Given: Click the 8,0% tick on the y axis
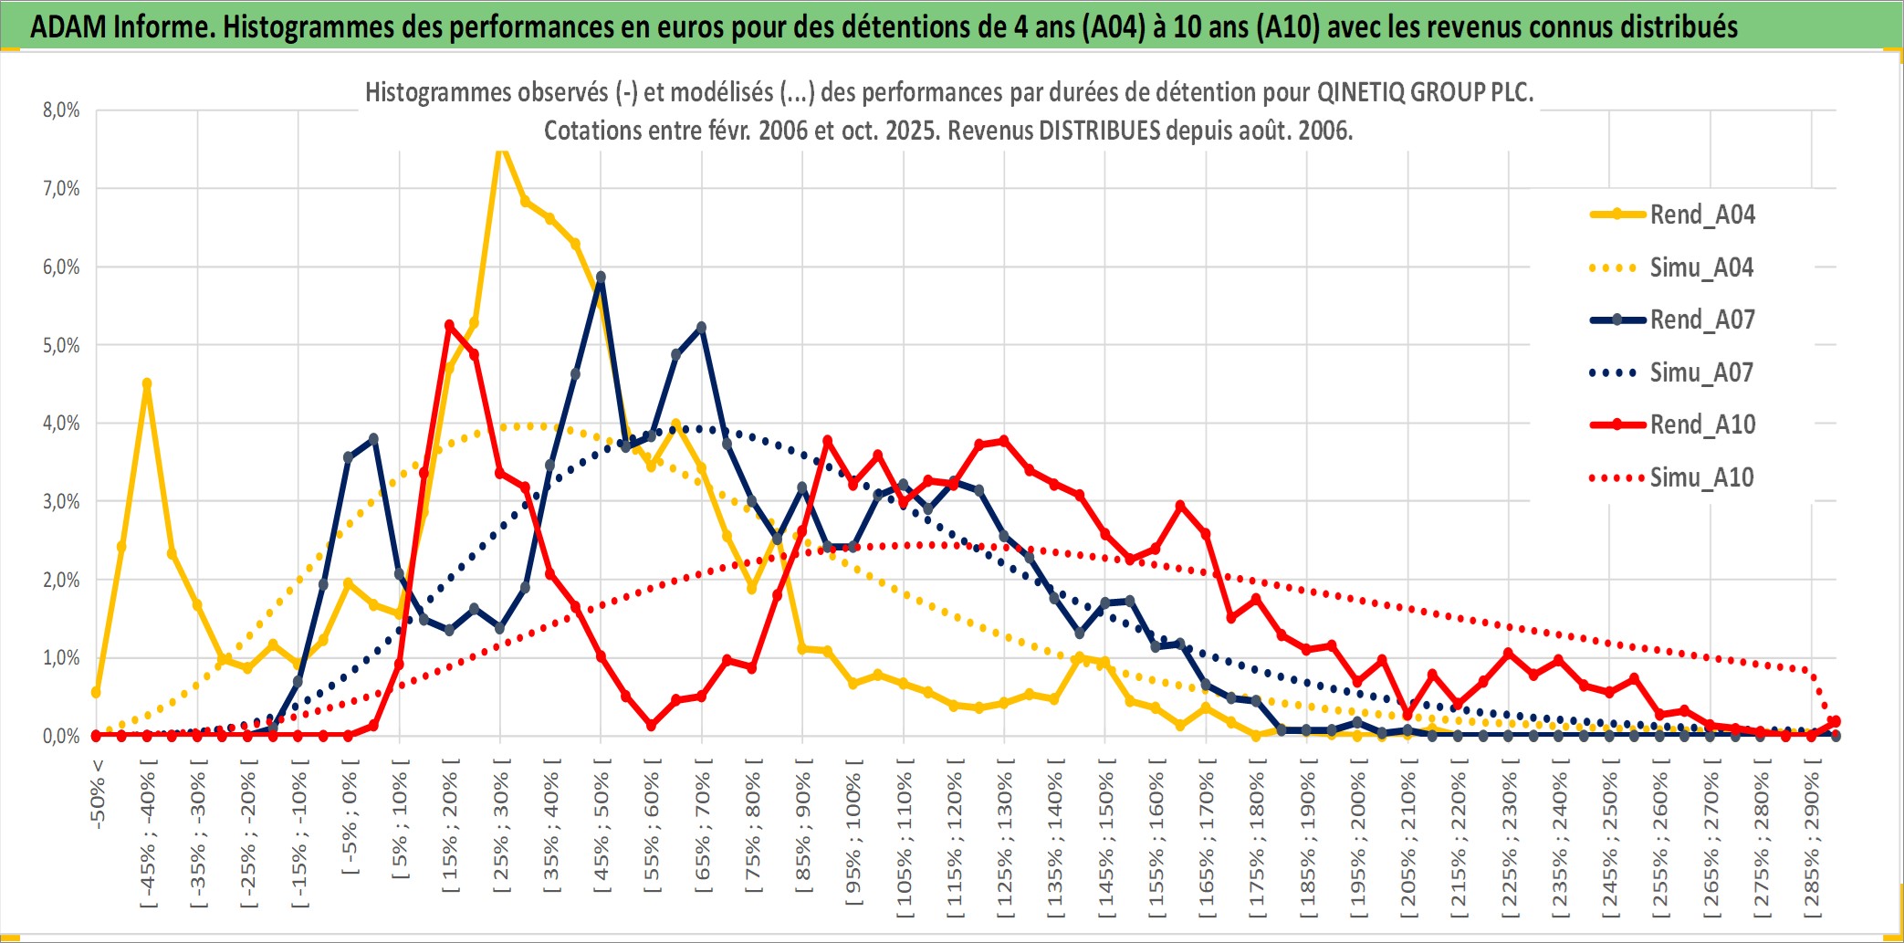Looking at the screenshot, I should [x=61, y=110].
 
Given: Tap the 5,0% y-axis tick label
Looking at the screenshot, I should [x=61, y=345].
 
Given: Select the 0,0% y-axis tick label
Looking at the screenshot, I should [x=61, y=736].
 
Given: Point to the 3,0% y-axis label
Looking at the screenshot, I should [x=61, y=501].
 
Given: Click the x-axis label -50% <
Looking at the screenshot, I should [x=98, y=794].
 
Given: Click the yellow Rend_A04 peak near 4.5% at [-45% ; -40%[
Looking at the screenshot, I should [x=147, y=384].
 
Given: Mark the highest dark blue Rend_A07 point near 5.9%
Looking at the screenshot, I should [x=601, y=277].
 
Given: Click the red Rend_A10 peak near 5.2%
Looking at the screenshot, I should [x=449, y=325].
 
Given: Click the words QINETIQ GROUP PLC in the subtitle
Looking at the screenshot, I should [x=1424, y=92].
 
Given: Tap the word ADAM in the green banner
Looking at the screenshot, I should [x=69, y=26].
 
